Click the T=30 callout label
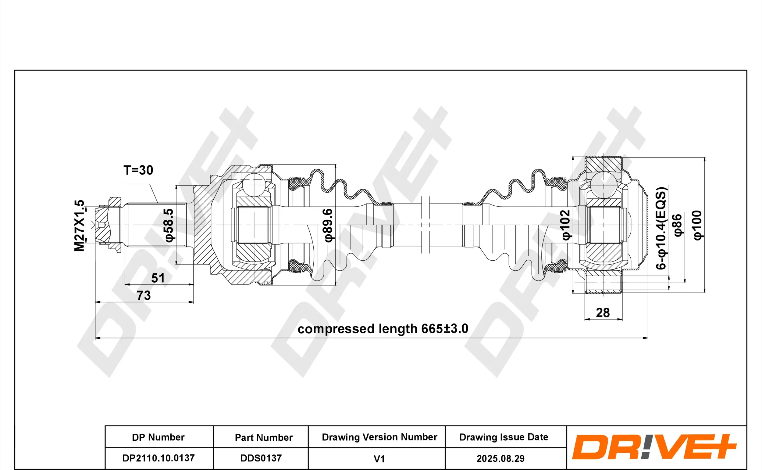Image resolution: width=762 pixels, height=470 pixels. click(138, 170)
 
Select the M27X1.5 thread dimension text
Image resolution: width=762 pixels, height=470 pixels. click(80, 225)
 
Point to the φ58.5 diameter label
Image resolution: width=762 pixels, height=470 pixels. click(169, 225)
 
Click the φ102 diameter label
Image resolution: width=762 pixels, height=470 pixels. click(566, 225)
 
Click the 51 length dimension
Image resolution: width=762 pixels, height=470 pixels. click(158, 278)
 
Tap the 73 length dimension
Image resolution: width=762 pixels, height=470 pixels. click(144, 295)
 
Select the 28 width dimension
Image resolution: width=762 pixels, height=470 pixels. click(603, 313)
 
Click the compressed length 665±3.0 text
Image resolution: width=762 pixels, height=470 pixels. click(383, 329)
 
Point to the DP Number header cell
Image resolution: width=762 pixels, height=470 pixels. click(158, 437)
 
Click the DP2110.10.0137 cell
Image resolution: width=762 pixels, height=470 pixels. click(158, 458)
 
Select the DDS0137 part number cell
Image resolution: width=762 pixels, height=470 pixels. click(261, 458)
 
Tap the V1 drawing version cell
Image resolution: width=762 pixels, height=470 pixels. click(379, 459)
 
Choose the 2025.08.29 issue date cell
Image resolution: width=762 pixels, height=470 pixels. click(501, 458)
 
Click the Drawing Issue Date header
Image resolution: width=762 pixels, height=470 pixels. click(504, 437)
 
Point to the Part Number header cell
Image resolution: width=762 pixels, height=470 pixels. click(264, 437)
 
